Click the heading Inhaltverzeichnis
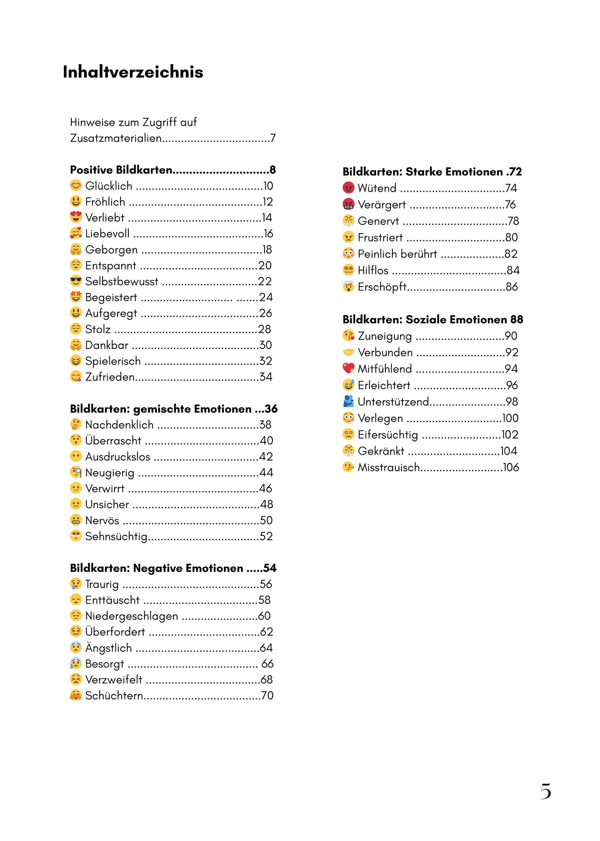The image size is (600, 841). [x=133, y=72]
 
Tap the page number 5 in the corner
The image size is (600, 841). [x=545, y=791]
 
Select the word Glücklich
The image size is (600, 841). [x=109, y=186]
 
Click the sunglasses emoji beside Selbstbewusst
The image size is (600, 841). [x=76, y=281]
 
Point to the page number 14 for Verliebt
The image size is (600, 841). [x=267, y=218]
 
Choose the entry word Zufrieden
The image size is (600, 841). [x=110, y=377]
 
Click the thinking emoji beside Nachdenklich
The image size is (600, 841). [x=76, y=424]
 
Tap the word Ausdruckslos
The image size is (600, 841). [x=118, y=457]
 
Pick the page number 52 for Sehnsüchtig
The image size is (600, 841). [x=266, y=536]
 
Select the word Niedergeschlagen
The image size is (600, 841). [x=132, y=616]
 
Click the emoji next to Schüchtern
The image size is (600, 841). [x=76, y=695]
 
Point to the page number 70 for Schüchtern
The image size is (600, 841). [x=267, y=696]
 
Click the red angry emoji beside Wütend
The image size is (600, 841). [x=348, y=188]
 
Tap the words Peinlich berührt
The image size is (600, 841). [x=397, y=254]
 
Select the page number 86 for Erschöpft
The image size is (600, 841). [x=512, y=287]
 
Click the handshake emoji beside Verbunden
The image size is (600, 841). [x=348, y=352]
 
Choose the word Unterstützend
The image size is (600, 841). [x=393, y=402]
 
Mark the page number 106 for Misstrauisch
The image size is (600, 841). [x=511, y=468]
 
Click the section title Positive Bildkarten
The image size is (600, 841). [x=121, y=170]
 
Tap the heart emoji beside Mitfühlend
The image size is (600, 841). [x=348, y=368]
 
